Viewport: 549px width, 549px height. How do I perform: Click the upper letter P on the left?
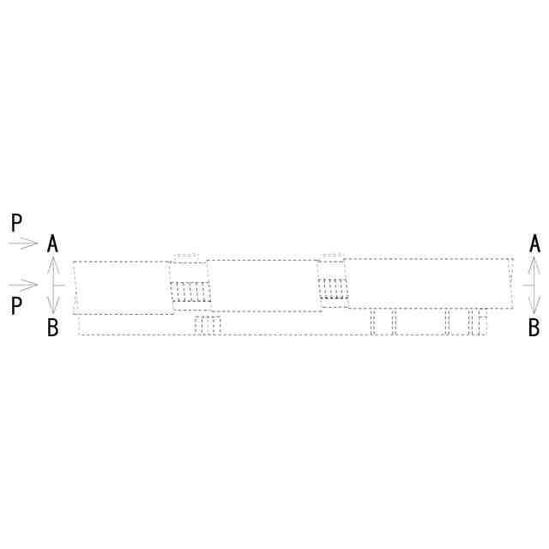[x=16, y=222]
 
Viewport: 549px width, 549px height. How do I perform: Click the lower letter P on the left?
[x=16, y=305]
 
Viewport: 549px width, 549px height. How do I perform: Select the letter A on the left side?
[x=52, y=244]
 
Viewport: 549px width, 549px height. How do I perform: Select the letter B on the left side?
[x=53, y=328]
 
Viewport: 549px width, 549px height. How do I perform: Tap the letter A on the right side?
[x=534, y=244]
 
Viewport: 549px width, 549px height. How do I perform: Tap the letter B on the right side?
[x=534, y=328]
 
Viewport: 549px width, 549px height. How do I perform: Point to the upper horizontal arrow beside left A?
[x=23, y=243]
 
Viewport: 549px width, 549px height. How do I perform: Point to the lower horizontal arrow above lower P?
[x=23, y=285]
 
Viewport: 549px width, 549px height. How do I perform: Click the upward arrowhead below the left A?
[x=53, y=265]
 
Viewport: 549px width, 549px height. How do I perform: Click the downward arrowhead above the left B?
[x=53, y=305]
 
